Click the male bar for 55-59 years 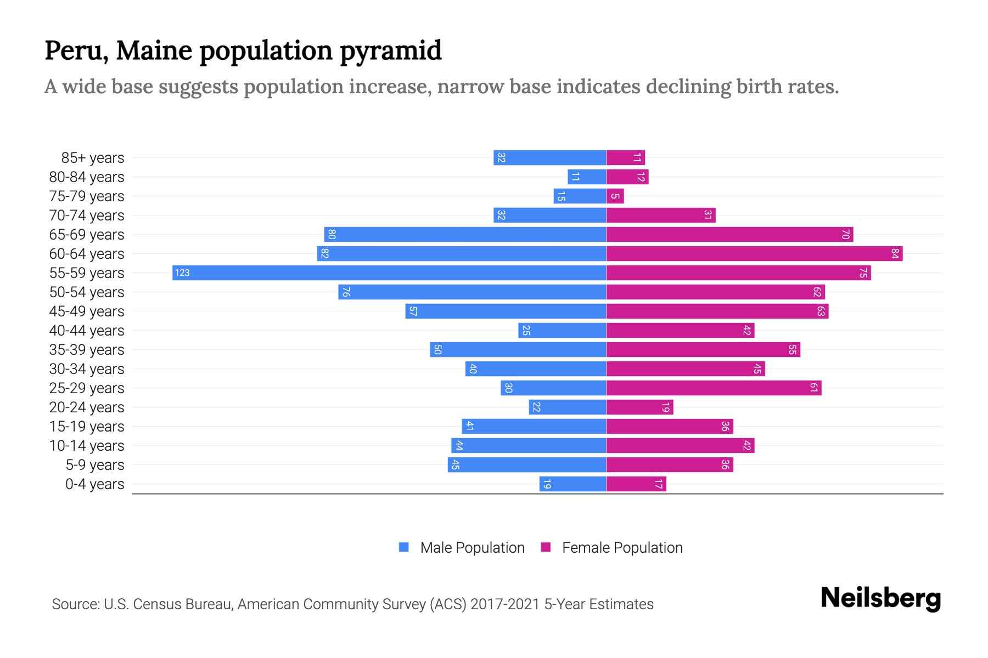[389, 273]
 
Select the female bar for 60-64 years [754, 253]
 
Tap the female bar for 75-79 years [615, 196]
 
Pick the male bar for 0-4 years [572, 484]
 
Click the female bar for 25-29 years [714, 388]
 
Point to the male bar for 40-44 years [562, 330]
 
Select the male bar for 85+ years [549, 157]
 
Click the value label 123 [182, 273]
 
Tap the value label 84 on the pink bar [895, 253]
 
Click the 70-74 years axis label [87, 215]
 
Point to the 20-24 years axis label [87, 407]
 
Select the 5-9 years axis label [95, 465]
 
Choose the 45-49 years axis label [87, 311]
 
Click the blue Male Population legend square [404, 547]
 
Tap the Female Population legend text [622, 547]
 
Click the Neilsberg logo [880, 598]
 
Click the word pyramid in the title [390, 50]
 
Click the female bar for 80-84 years [627, 177]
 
